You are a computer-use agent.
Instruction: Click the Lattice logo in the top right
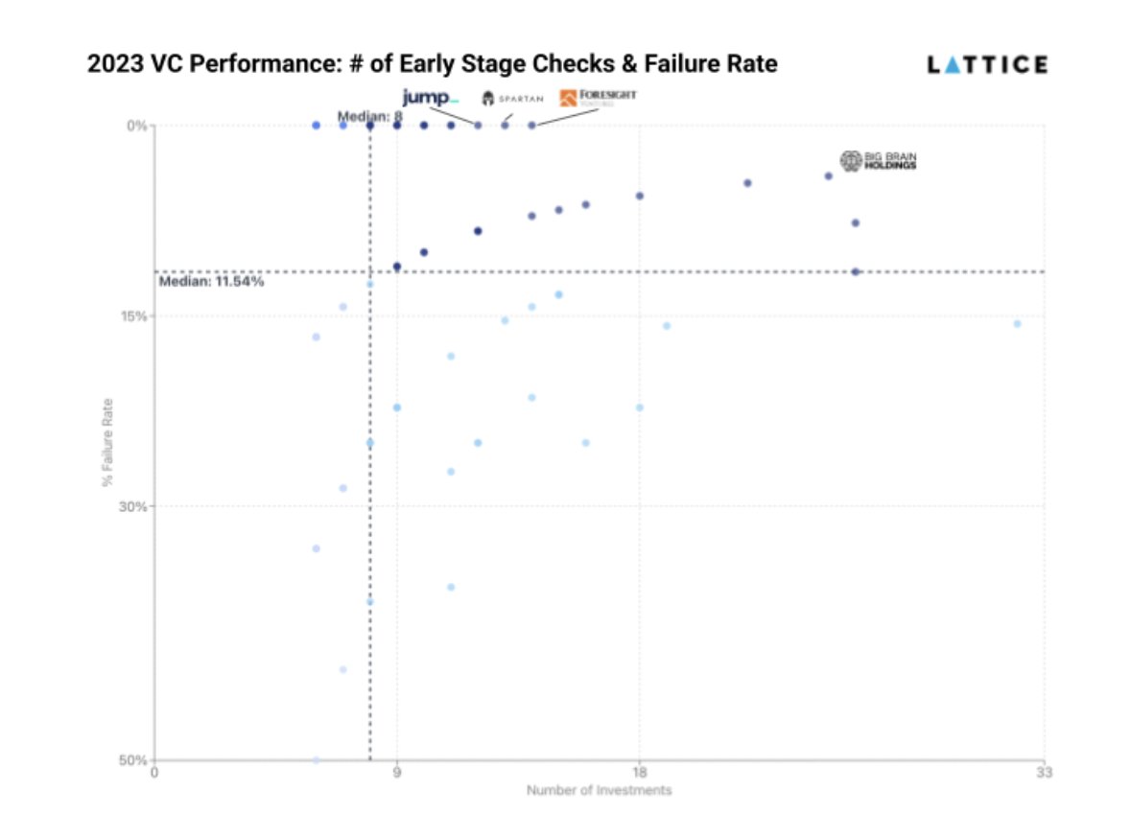click(x=987, y=65)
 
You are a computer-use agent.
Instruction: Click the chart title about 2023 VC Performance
click(x=432, y=65)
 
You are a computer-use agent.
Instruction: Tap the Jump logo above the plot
click(x=430, y=98)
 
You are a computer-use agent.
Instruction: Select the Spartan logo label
click(x=512, y=99)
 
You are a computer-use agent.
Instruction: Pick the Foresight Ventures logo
click(x=598, y=97)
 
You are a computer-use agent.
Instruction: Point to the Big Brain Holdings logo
click(x=878, y=161)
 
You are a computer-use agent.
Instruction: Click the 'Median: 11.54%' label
click(x=211, y=282)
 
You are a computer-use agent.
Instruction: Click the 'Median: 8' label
click(x=369, y=116)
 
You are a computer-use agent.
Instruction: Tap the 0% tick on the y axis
click(x=137, y=126)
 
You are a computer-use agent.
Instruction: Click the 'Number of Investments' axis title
click(x=599, y=791)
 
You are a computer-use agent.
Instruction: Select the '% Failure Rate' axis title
click(x=108, y=441)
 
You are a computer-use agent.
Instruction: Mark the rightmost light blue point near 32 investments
click(x=1017, y=324)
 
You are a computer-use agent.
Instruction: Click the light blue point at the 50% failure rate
click(x=316, y=759)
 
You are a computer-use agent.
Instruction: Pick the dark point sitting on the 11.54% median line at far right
click(x=856, y=271)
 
